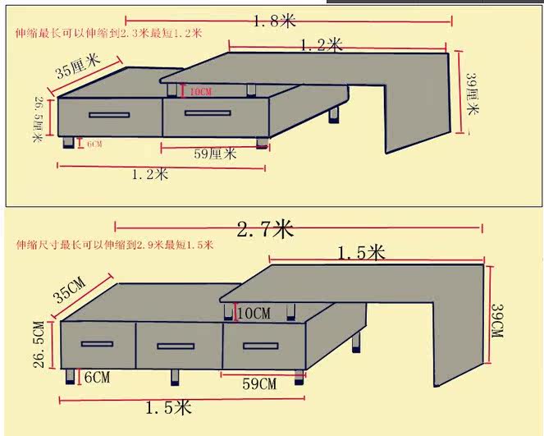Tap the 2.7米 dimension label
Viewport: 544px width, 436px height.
coord(265,229)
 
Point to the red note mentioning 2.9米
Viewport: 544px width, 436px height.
coord(114,245)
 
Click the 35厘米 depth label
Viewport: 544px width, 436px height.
coord(78,66)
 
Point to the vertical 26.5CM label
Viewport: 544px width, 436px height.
coord(39,345)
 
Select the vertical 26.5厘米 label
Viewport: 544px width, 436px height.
coord(39,119)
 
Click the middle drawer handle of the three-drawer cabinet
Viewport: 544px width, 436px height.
coord(176,345)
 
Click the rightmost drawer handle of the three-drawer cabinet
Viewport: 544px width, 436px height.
coord(261,345)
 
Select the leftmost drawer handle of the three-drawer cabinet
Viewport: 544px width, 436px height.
coord(98,343)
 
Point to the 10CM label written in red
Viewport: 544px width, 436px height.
coord(201,92)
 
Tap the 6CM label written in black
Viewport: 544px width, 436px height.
coord(96,378)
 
